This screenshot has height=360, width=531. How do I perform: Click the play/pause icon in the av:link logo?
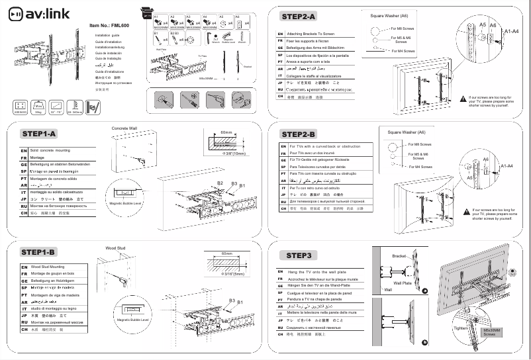(x=19, y=13)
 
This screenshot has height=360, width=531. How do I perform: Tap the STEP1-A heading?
(x=39, y=134)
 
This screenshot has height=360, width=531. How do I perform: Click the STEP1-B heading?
(x=39, y=252)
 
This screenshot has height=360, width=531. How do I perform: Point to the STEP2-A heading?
(x=299, y=15)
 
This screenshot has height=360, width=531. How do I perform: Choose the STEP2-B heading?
(x=299, y=134)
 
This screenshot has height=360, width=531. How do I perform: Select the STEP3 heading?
(x=299, y=255)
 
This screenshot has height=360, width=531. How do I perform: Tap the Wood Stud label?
(x=115, y=248)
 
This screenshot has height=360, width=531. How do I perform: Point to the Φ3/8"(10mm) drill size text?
(x=234, y=154)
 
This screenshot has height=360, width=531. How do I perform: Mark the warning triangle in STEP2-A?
(x=463, y=98)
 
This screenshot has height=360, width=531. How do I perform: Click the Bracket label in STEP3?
(x=399, y=255)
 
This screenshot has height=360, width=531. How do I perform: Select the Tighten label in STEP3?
(x=459, y=328)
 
